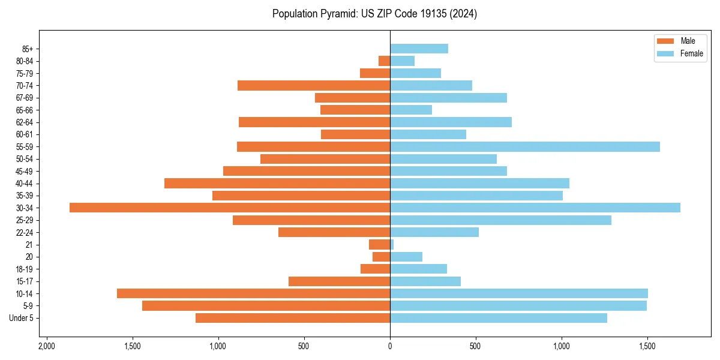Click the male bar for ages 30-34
click(230, 208)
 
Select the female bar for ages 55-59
click(525, 147)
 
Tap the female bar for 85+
click(419, 49)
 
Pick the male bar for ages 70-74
click(314, 86)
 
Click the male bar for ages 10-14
click(253, 293)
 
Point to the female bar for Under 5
click(499, 318)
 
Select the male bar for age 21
click(379, 245)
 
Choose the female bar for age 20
click(406, 257)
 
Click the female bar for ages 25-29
click(500, 220)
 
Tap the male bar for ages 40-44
click(277, 184)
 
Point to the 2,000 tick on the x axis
click(46, 347)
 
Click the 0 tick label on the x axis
click(390, 347)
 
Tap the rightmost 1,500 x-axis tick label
click(647, 347)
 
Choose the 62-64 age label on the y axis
click(25, 122)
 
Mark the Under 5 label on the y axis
click(22, 318)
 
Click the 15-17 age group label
click(25, 281)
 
